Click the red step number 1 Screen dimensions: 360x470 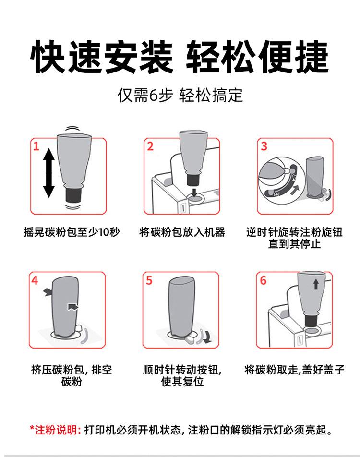click(36, 146)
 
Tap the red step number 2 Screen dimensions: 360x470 click(150, 146)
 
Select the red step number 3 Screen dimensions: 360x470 click(264, 146)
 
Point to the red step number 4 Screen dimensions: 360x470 click(35, 280)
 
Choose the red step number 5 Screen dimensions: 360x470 click(149, 280)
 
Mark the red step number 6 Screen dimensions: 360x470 click(263, 280)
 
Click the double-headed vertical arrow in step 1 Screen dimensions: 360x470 click(49, 174)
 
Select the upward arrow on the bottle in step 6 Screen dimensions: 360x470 click(316, 284)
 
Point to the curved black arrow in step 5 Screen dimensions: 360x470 click(206, 336)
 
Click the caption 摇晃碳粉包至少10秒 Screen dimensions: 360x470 click(72, 232)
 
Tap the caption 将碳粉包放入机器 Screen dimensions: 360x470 click(182, 232)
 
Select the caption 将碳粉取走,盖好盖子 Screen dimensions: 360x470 click(294, 370)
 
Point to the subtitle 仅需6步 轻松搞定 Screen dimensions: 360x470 click(180, 96)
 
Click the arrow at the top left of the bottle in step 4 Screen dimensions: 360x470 click(47, 292)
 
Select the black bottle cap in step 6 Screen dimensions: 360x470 click(312, 321)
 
